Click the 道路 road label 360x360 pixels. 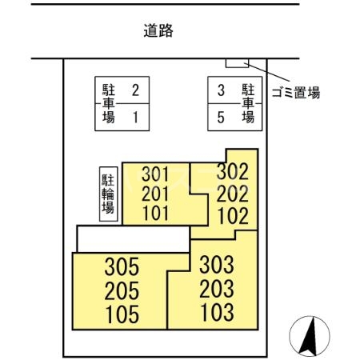point(158,32)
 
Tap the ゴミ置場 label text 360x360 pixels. point(295,92)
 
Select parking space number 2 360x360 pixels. point(135,90)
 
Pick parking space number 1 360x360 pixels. point(135,117)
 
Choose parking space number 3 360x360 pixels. point(221,90)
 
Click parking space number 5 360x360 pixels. point(221,117)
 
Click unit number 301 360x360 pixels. point(157,174)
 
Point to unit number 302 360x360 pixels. point(233,171)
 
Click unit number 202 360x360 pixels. point(233,193)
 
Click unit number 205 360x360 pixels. point(122,289)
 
